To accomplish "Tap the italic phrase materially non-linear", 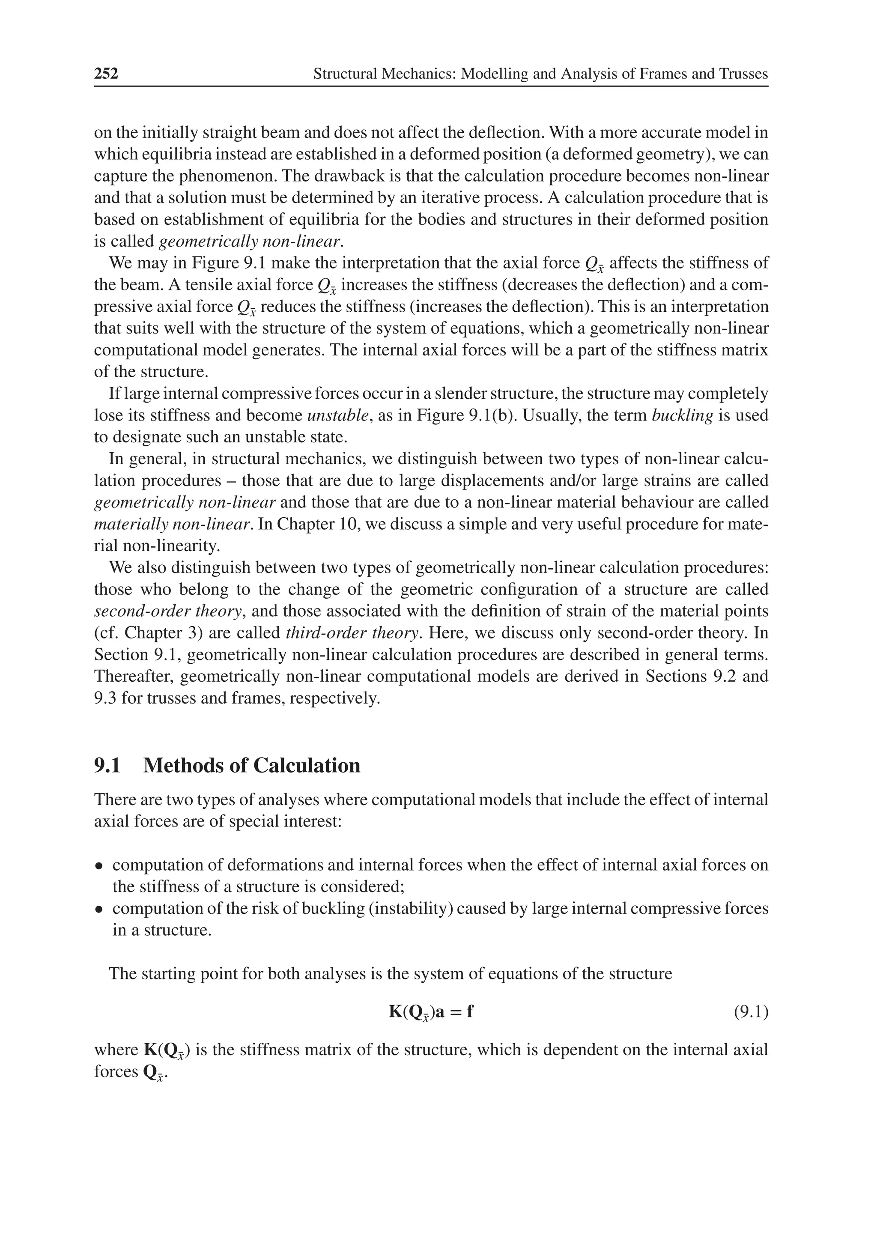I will tap(172, 524).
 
